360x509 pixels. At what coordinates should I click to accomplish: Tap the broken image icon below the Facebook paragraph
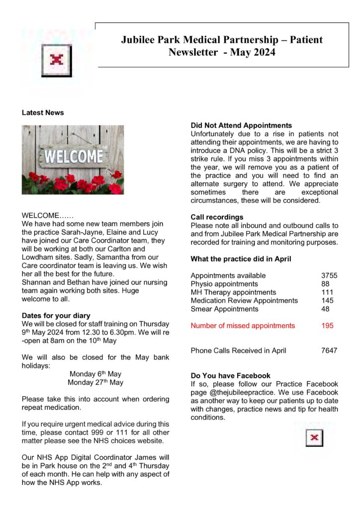(314, 438)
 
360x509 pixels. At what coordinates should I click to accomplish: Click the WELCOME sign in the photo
(73, 157)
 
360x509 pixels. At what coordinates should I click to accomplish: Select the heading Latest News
(43, 113)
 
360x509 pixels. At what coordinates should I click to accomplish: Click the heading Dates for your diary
(56, 315)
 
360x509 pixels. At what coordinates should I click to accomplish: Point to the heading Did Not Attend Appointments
(241, 126)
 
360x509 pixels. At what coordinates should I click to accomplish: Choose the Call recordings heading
(217, 217)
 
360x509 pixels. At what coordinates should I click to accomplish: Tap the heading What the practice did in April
(241, 259)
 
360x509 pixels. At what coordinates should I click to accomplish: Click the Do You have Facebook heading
(230, 376)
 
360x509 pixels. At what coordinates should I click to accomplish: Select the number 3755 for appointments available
(329, 275)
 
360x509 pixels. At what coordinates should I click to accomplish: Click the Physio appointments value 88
(326, 284)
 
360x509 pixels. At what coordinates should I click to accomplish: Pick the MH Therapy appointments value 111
(327, 292)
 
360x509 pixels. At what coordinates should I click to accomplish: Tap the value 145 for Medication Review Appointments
(327, 300)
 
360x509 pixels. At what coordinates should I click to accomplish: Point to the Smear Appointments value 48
(326, 309)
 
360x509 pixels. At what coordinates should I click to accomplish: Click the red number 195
(327, 326)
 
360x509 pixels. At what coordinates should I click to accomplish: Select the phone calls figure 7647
(329, 350)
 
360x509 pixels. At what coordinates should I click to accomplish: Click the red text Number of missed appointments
(243, 326)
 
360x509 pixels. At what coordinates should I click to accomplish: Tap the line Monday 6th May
(95, 374)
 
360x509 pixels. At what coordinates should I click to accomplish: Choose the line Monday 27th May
(95, 382)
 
